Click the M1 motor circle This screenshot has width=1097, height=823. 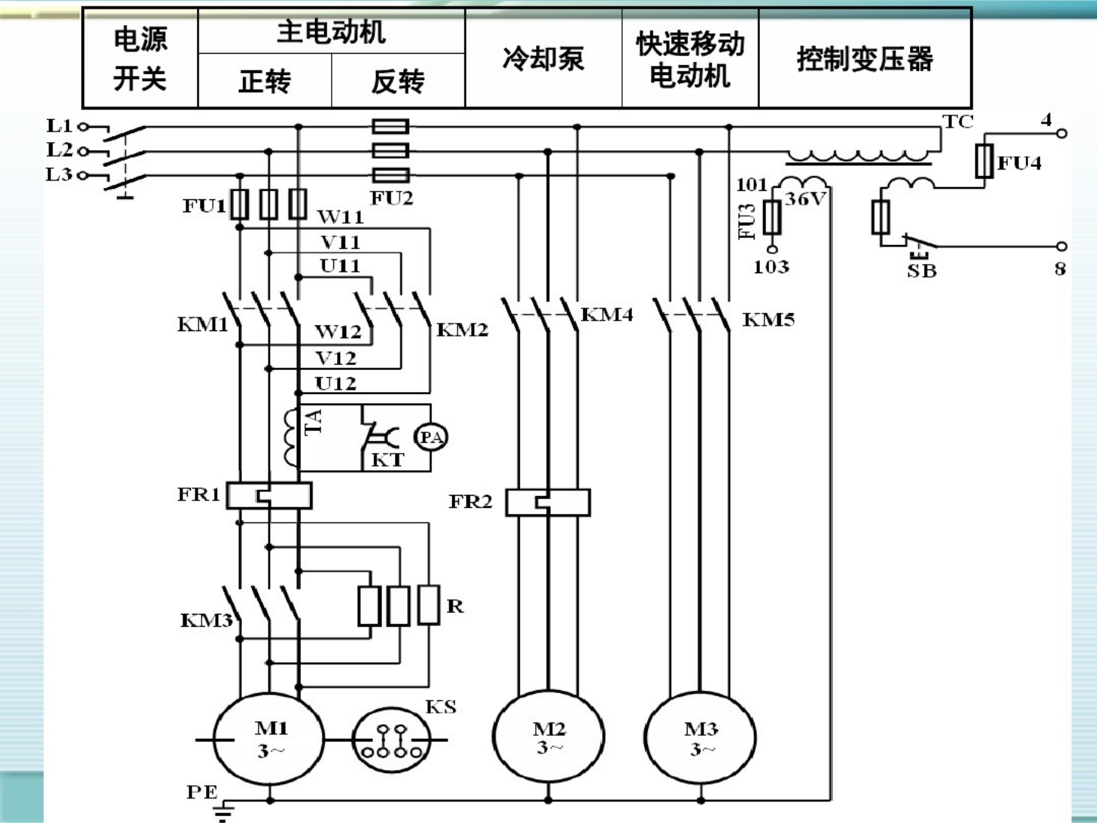(x=269, y=739)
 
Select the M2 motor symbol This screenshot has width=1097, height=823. (x=548, y=737)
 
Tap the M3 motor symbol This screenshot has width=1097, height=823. (x=700, y=738)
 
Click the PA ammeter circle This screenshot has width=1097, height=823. (x=431, y=437)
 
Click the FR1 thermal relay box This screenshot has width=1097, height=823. (x=269, y=496)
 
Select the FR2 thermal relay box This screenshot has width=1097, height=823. (x=548, y=503)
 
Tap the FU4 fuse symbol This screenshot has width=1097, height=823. (x=984, y=162)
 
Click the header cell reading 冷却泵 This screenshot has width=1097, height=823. (x=543, y=59)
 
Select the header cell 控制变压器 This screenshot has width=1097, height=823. (x=864, y=59)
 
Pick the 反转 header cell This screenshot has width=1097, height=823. (x=398, y=81)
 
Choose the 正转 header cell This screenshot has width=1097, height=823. (x=264, y=81)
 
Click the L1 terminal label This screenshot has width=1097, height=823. (x=59, y=126)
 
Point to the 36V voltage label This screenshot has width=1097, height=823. (x=804, y=199)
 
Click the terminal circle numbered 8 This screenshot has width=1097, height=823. (x=1062, y=246)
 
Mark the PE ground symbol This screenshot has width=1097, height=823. (x=224, y=811)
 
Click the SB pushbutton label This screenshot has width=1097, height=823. (x=921, y=271)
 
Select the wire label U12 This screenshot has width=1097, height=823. (x=335, y=383)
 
